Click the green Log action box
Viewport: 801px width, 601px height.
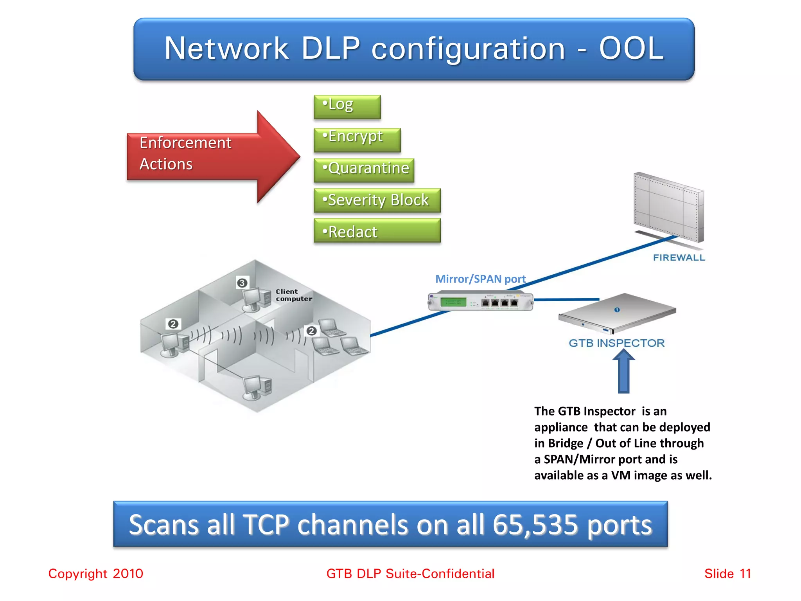(x=347, y=106)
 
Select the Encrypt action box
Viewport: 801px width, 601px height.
(x=357, y=139)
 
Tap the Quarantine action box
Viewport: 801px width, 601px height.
(x=364, y=170)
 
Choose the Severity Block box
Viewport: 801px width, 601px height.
(x=377, y=200)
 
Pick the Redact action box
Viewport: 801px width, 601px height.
(x=377, y=231)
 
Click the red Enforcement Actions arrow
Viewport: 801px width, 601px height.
(x=211, y=157)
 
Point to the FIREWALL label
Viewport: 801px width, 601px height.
(x=679, y=257)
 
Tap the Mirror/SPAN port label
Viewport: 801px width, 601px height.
(x=480, y=279)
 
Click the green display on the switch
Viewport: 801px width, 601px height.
(x=453, y=302)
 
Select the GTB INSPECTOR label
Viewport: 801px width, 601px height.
(x=616, y=343)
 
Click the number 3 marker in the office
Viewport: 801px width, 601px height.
(x=242, y=283)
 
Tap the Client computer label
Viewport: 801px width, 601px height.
(x=293, y=295)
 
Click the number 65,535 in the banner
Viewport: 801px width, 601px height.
(x=535, y=524)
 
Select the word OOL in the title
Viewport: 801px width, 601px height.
(x=631, y=49)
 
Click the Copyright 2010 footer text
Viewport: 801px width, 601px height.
(x=96, y=574)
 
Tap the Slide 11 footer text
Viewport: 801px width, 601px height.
(x=727, y=574)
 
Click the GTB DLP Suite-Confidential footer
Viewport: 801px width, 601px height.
(x=410, y=574)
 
